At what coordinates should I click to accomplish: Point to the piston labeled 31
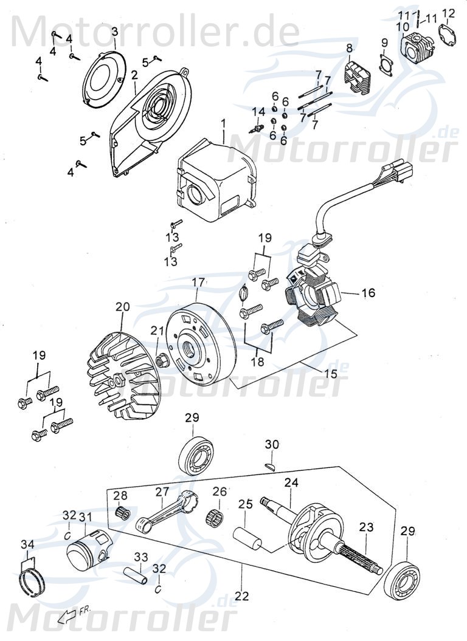pos(89,547)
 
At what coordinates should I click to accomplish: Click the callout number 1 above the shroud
pos(223,123)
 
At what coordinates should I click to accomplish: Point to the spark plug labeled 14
pos(258,127)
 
